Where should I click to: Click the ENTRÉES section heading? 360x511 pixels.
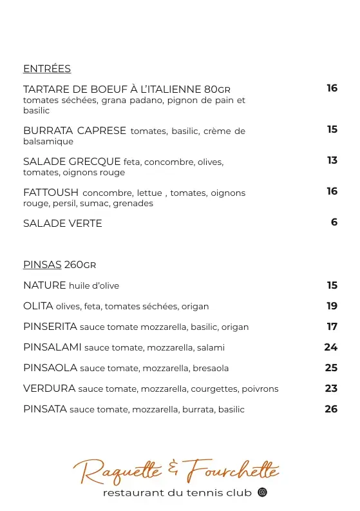click(47, 69)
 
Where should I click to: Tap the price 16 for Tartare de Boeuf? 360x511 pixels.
click(332, 88)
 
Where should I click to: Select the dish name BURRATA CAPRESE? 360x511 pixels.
click(75, 131)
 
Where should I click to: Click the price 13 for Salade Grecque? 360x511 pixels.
click(332, 160)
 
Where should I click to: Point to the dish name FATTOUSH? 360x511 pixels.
click(51, 192)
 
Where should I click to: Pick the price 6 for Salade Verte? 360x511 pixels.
click(334, 222)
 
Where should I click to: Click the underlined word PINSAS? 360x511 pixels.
click(43, 265)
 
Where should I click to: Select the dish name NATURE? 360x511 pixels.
click(44, 285)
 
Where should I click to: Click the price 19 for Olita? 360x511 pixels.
click(332, 306)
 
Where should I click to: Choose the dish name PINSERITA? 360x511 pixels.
click(50, 327)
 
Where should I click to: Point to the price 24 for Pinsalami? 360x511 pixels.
click(331, 347)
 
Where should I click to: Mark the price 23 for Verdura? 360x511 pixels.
click(331, 389)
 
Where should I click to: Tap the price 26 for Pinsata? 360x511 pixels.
click(331, 409)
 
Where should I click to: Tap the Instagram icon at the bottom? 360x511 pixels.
click(262, 493)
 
